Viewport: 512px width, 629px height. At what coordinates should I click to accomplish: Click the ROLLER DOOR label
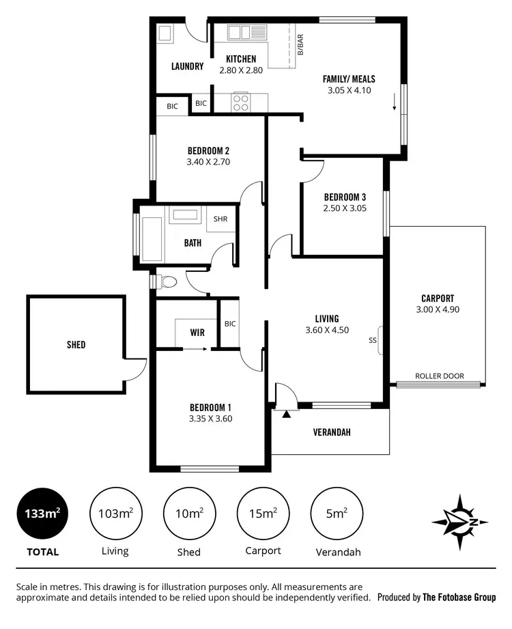439,376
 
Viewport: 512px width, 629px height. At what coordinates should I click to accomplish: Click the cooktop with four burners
241,102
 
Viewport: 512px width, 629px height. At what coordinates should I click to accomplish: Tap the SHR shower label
221,219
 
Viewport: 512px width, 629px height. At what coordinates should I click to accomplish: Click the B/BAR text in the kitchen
300,44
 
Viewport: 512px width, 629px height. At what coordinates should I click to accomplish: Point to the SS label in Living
372,339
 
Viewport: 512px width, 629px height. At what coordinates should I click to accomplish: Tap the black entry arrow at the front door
287,413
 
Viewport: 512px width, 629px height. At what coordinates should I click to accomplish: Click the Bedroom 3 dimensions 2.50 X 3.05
345,208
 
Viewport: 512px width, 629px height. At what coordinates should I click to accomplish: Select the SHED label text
76,345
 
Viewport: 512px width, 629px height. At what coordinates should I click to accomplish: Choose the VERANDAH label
332,432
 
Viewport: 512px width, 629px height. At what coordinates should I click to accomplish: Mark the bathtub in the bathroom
152,238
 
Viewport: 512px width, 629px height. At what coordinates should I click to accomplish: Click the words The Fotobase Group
459,597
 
